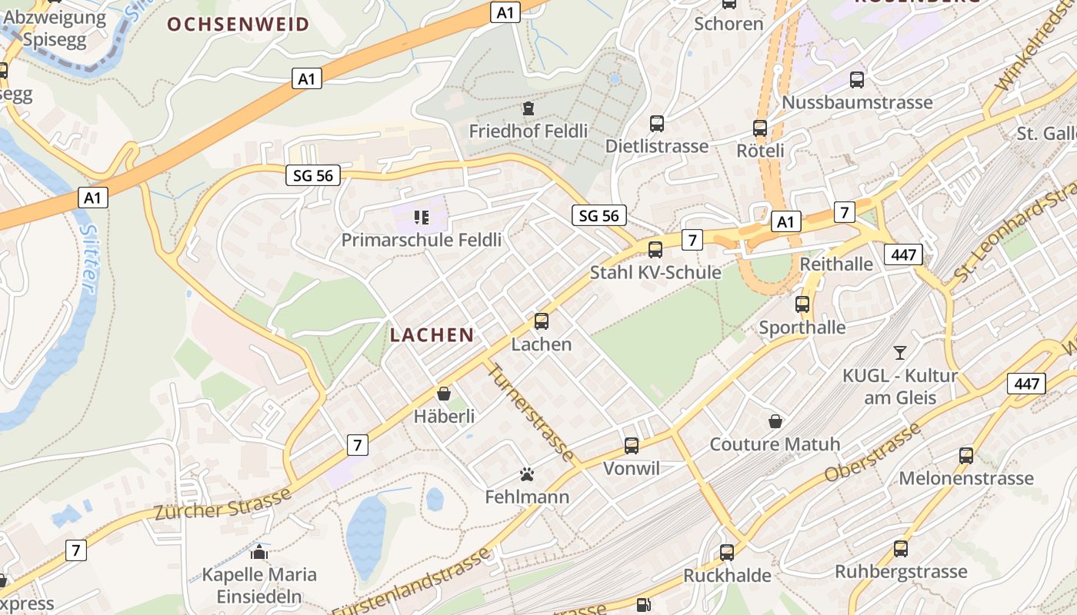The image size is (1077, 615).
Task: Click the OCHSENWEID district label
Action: click(x=238, y=24)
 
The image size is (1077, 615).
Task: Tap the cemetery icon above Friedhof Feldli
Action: click(x=528, y=108)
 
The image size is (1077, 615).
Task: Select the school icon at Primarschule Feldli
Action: click(x=421, y=218)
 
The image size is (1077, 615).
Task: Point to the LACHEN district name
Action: click(x=432, y=334)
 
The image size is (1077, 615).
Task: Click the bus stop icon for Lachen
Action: click(x=542, y=321)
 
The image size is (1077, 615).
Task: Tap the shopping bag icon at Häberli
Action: click(x=444, y=394)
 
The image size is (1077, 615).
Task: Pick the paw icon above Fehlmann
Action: click(x=527, y=474)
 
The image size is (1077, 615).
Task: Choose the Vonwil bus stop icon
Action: click(x=632, y=445)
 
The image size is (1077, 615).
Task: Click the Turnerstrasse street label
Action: click(x=532, y=412)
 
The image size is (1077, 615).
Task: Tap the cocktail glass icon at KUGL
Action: click(x=899, y=353)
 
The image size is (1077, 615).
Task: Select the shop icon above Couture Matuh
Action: click(x=775, y=421)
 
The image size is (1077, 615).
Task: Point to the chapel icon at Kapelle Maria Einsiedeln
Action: click(x=259, y=551)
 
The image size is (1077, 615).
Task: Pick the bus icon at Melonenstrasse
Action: click(x=966, y=455)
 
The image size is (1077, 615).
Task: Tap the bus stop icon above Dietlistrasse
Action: click(x=656, y=123)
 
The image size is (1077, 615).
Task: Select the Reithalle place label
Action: click(x=837, y=264)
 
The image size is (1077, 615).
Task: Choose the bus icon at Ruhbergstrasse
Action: click(x=901, y=549)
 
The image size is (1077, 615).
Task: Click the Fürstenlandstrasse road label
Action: click(x=412, y=582)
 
